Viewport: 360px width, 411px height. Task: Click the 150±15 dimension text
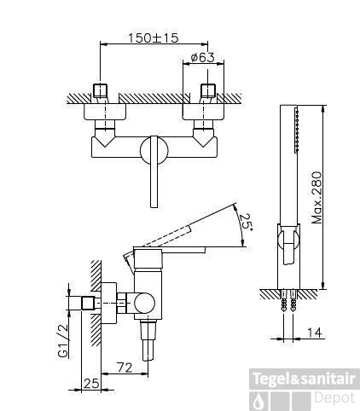154,38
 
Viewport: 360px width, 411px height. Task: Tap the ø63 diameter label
203,58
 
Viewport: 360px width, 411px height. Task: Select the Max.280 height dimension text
317,198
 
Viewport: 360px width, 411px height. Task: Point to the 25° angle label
246,222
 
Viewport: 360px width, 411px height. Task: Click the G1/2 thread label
63,340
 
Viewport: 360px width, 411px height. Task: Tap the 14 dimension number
315,333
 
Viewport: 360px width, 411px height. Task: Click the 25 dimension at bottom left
92,384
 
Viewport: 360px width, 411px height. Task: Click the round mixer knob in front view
154,150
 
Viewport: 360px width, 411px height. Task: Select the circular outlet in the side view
144,303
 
